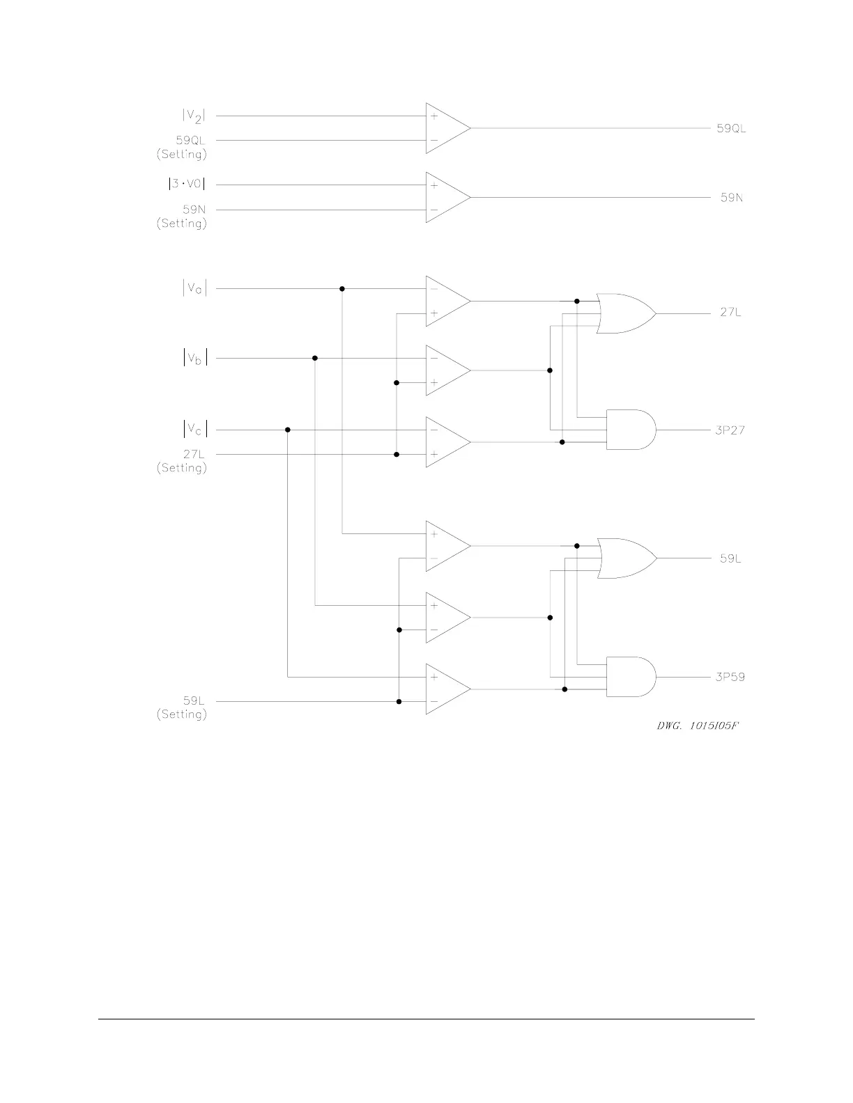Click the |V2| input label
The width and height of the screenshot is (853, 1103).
(194, 116)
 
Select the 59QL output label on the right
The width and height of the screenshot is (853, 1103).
(731, 128)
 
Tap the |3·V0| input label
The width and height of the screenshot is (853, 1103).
(187, 185)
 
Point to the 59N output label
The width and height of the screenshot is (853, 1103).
(731, 198)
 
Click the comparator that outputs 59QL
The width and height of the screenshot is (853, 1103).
(446, 128)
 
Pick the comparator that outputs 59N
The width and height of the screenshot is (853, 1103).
(446, 198)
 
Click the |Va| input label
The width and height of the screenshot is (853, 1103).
(194, 288)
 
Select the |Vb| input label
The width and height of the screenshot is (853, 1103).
(194, 359)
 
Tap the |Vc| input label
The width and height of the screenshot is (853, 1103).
(194, 430)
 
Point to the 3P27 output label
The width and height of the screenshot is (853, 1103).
(730, 430)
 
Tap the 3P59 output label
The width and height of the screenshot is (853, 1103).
(730, 676)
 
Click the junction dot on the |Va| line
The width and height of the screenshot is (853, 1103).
(341, 288)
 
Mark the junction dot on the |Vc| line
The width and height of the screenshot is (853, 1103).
(287, 430)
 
